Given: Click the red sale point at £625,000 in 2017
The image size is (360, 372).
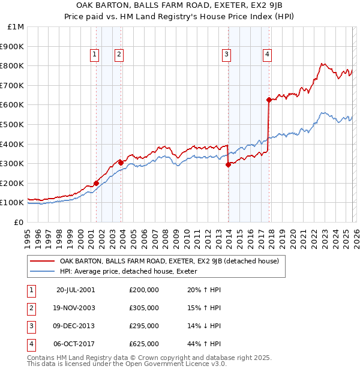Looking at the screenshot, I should click(269, 100).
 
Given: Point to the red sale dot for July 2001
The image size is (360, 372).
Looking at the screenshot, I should click(96, 183).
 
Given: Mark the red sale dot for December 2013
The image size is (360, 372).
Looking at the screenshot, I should click(228, 164).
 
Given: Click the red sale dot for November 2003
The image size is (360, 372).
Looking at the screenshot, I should click(121, 163).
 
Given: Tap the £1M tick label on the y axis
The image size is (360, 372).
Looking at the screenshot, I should click(16, 27).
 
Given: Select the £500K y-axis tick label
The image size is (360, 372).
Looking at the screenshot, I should click(13, 125).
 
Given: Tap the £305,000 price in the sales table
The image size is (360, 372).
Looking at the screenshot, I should click(143, 308).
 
